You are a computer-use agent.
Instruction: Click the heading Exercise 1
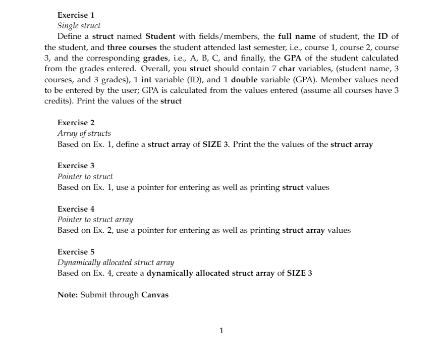coord(76,15)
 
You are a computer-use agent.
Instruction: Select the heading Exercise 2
coord(76,123)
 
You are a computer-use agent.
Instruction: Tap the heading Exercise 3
coord(76,166)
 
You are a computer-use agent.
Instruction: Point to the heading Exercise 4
coord(76,209)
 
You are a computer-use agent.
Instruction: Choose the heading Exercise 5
coord(76,252)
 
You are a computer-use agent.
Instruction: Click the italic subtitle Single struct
coord(79,26)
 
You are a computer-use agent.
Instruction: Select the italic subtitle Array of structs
coord(84,133)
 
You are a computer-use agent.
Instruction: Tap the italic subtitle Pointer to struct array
coord(95,220)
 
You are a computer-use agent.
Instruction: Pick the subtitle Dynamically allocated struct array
coord(116,263)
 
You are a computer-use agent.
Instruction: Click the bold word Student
coord(160,37)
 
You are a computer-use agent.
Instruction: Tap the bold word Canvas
coord(155,295)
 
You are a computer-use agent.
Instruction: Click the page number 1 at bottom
coord(221,331)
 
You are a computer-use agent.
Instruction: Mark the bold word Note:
coord(68,295)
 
